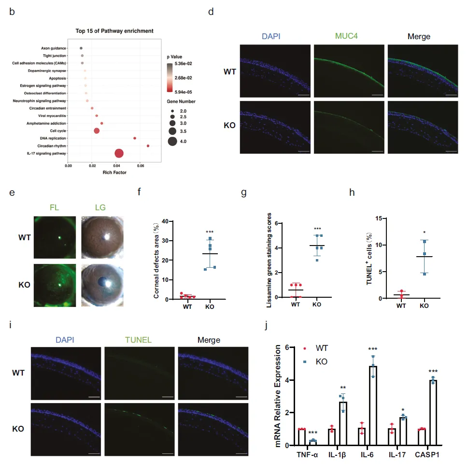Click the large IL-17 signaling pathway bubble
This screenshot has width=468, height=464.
[x=119, y=154]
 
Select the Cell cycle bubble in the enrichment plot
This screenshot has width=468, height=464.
[x=97, y=130]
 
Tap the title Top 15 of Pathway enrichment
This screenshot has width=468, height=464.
[x=114, y=31]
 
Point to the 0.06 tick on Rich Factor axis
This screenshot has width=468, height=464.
[x=140, y=166]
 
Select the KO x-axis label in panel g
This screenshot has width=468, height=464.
[x=317, y=305]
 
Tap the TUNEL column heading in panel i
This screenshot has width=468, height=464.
[x=139, y=340]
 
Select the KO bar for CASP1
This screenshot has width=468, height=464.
[x=433, y=412]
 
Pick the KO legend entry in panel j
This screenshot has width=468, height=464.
[x=321, y=361]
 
